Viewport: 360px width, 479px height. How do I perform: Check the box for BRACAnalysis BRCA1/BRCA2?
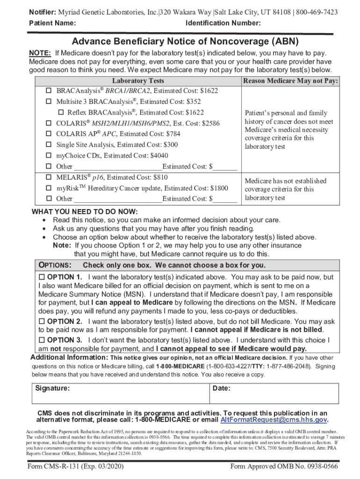[48, 90]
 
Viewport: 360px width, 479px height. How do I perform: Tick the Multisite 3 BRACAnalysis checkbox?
[48, 102]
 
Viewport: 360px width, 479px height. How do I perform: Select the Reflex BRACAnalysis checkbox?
[61, 113]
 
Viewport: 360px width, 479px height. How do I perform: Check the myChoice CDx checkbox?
[48, 156]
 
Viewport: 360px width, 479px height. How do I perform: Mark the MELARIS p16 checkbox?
[48, 178]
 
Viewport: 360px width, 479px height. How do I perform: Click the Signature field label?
[53, 388]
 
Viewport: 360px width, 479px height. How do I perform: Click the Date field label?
[221, 388]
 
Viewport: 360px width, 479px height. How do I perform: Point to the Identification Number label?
[223, 23]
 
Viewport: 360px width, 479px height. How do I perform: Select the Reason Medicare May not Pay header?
[290, 81]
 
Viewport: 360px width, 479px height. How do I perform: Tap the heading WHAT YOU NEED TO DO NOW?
[85, 211]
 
